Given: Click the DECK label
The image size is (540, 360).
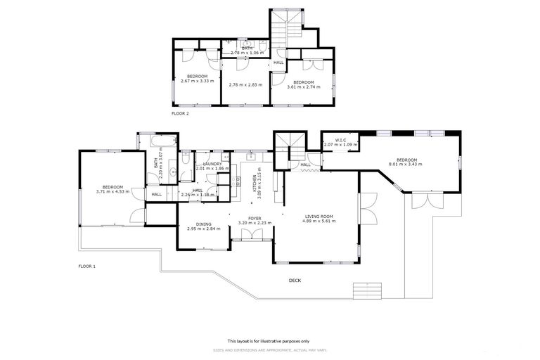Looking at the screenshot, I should coord(295,281).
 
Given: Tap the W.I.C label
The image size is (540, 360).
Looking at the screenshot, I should coord(340,140).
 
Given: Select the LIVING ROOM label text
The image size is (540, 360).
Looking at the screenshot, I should coord(319,216).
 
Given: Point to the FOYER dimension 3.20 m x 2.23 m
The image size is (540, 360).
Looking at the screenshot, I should coord(254,223).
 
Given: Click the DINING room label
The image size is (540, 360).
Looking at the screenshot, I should coord(204,224).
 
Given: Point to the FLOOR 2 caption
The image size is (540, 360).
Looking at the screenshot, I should coord(180,112).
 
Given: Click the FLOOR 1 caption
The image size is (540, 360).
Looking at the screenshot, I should coord(86,266).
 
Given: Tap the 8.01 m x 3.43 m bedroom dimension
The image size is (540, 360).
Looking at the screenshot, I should coord(406,165).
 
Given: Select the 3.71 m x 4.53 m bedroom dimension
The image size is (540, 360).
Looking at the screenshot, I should coord(112,191).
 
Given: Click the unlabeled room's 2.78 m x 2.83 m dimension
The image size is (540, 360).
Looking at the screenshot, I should coord(245,84).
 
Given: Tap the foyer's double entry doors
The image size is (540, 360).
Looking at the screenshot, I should coord(251,240).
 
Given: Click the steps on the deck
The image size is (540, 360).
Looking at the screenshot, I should coord(369,289).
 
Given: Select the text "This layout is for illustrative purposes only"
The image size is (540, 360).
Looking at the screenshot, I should coord(270,340).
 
